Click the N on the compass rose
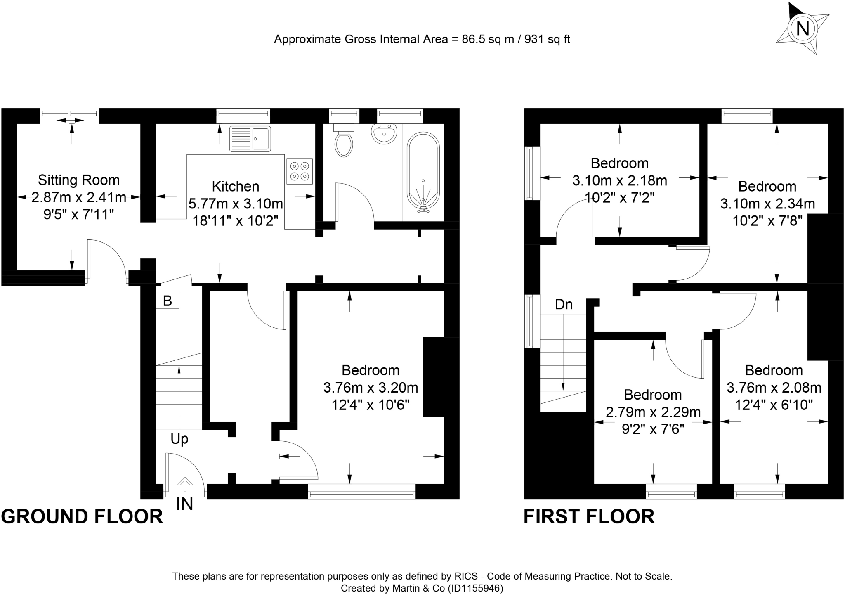point(803,29)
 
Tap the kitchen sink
point(250,138)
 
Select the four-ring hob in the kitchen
point(300,171)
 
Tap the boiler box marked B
point(168,301)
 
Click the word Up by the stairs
point(179,439)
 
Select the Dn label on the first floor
point(564,305)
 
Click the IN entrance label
point(184,504)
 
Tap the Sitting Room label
point(79,180)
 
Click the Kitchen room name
point(236,187)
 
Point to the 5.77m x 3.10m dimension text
point(236,204)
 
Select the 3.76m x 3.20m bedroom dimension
point(371,388)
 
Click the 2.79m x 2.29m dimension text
point(653,412)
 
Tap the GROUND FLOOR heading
point(82,516)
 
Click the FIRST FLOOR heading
point(589,516)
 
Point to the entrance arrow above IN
point(185,485)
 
